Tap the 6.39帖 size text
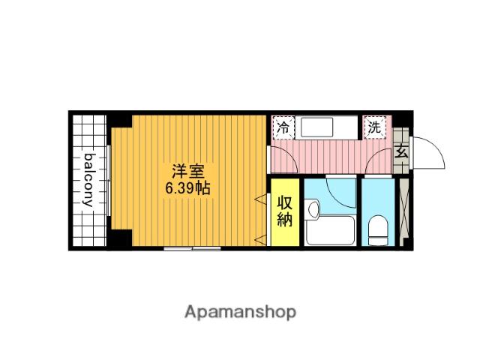coord(188,189)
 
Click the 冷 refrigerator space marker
coord(283,127)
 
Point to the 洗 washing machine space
coord(374,127)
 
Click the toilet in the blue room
coord(379,230)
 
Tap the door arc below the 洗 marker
coord(384,159)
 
